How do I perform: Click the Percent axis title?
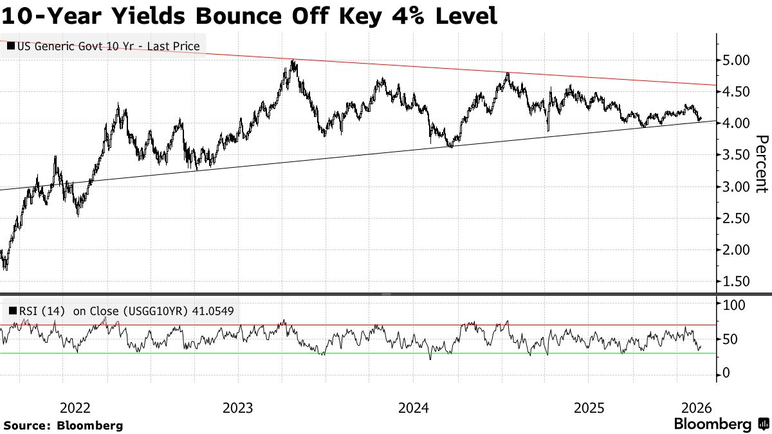point(762,164)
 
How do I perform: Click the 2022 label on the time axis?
point(75,408)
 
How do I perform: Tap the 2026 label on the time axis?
point(696,408)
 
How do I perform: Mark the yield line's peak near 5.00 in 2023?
point(293,61)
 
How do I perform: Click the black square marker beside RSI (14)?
point(12,311)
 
